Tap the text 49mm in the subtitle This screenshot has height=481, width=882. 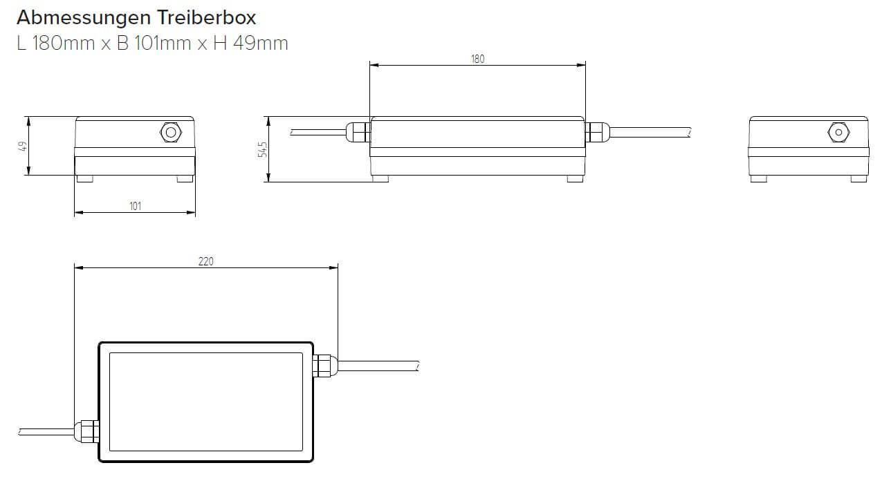coord(261,43)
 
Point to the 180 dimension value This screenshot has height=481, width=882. coord(477,59)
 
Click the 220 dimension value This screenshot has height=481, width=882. coord(205,261)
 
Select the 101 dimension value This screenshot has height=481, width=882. coord(135,206)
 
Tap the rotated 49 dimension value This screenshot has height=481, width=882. coord(22,146)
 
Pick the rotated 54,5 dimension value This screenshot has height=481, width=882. coord(261,149)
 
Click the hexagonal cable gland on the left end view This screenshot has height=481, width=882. coord(169,131)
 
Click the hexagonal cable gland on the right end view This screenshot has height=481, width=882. coord(838,131)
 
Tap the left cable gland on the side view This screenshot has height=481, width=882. coord(358,131)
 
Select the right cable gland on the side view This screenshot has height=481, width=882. coord(597,131)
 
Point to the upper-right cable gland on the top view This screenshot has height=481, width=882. coord(324,365)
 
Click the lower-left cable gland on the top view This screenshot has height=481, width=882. coord(87,431)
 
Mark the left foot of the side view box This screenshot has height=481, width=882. coord(380,178)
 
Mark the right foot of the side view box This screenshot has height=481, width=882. coord(575,178)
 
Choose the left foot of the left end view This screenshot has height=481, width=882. coord(84,178)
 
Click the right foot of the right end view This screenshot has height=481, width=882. coord(858,178)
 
